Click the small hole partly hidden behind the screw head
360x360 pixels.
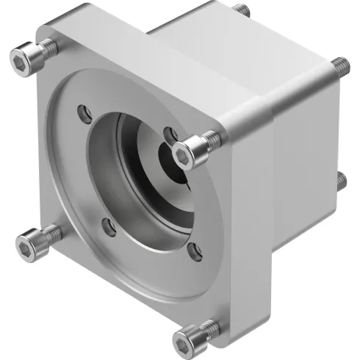(170, 134)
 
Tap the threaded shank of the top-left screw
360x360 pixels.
(48, 48)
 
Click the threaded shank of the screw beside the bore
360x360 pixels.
(211, 138)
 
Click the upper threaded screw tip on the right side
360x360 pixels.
(339, 65)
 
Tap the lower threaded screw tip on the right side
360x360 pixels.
(339, 179)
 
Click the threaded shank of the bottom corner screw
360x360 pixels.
(209, 326)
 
